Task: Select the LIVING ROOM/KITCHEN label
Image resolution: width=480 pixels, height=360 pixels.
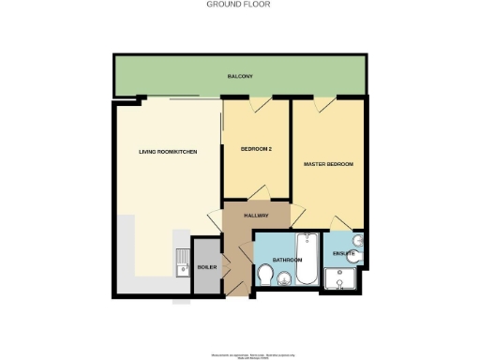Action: (x=168, y=151)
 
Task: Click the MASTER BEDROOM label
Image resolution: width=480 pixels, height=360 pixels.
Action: (x=328, y=164)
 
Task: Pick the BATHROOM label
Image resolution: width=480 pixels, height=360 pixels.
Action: (x=287, y=260)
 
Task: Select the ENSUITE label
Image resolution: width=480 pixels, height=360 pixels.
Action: (x=343, y=254)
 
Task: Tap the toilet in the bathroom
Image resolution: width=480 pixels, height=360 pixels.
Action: (x=266, y=276)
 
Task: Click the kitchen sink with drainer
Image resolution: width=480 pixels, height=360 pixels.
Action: (x=182, y=263)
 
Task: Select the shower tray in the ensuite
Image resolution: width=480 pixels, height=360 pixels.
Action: (x=337, y=279)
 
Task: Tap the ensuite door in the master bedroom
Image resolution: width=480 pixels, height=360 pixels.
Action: (x=341, y=224)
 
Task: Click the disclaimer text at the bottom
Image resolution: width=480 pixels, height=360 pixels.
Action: (x=239, y=355)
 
